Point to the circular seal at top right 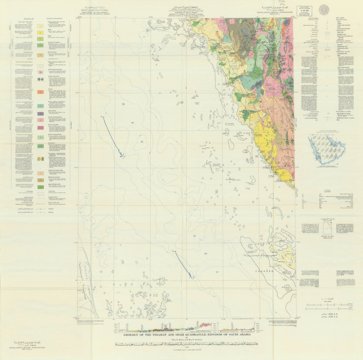324,9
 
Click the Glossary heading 324,191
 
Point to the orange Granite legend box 41,92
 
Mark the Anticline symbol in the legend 27,209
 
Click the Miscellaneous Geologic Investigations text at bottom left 28,348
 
